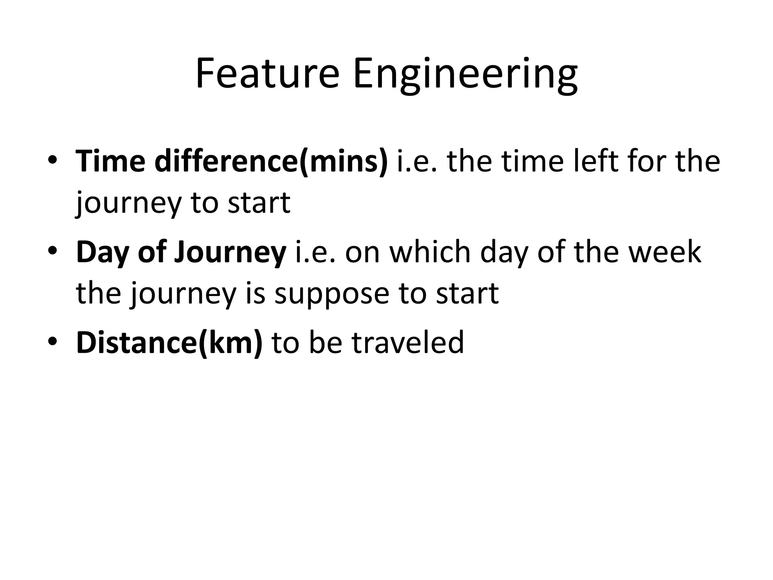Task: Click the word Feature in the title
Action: click(267, 74)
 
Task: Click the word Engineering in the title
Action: click(465, 74)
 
